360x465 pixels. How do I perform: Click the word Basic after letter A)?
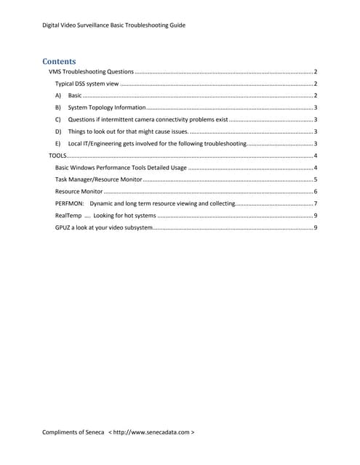pyautogui.click(x=75, y=96)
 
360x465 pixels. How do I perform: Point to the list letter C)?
pyautogui.click(x=58, y=120)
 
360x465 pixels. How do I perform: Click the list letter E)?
pyautogui.click(x=58, y=144)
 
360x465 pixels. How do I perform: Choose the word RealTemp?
pyautogui.click(x=68, y=216)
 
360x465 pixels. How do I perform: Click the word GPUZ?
pyautogui.click(x=63, y=227)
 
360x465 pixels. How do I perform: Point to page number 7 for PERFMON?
pyautogui.click(x=315, y=203)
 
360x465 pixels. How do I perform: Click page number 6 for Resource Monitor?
pyautogui.click(x=315, y=192)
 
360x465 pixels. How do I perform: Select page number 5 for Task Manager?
pyautogui.click(x=315, y=179)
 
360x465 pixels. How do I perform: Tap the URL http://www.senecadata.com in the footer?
pyautogui.click(x=152, y=432)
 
